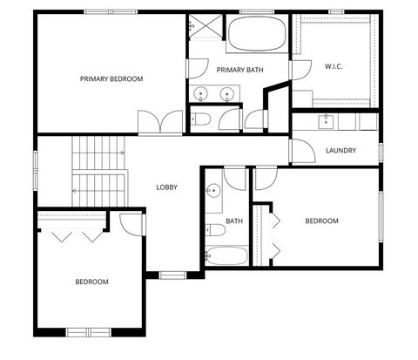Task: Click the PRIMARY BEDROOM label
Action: (x=111, y=79)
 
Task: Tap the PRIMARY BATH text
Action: (x=239, y=71)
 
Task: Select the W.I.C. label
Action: (x=334, y=66)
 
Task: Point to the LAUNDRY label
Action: (x=340, y=151)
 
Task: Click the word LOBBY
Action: (x=167, y=187)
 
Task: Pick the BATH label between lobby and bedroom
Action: (x=234, y=221)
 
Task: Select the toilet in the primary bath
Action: (x=199, y=119)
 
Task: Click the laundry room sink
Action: (x=328, y=120)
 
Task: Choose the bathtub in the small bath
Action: (x=226, y=256)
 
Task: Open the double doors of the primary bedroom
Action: (x=160, y=122)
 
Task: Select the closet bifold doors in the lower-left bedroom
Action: (x=73, y=234)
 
